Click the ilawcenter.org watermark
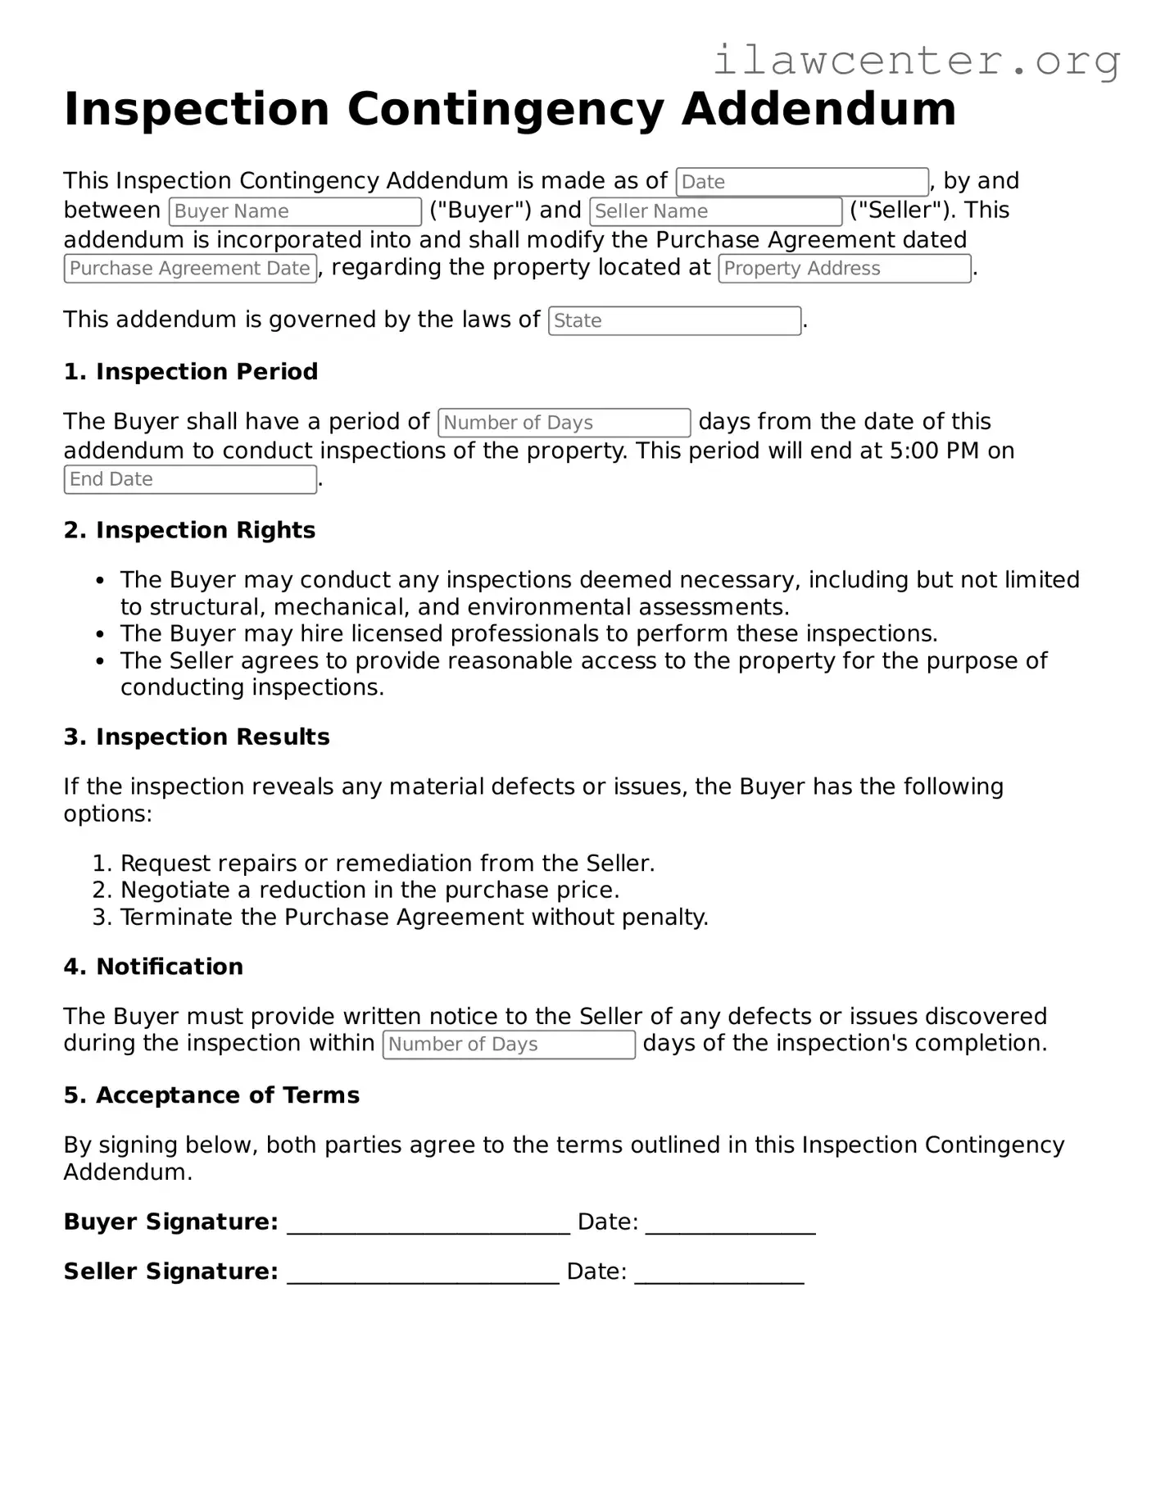point(916,61)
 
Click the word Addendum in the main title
point(818,109)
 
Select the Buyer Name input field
point(295,211)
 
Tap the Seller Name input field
point(715,211)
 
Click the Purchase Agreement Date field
point(190,269)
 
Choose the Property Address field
point(844,269)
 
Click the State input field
point(674,321)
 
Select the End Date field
point(190,479)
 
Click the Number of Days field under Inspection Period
point(564,423)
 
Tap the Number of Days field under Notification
point(509,1045)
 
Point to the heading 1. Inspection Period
point(191,372)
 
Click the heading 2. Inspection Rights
point(189,531)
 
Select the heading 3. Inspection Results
point(197,737)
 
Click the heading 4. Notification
point(153,967)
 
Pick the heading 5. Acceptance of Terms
point(211,1095)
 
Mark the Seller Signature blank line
point(423,1273)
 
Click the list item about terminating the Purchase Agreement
point(414,918)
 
